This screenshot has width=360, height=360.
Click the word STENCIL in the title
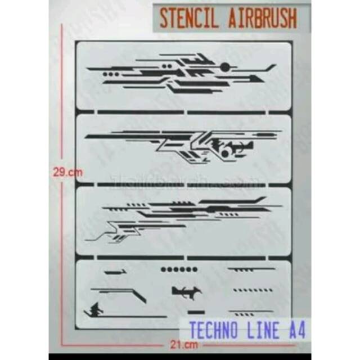[x=183, y=18]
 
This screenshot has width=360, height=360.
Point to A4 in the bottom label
[x=296, y=330]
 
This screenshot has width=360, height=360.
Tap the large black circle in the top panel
[x=225, y=67]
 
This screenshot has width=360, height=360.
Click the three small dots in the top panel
[x=111, y=74]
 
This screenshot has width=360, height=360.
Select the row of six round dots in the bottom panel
[x=179, y=269]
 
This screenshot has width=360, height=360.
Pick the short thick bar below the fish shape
[x=195, y=312]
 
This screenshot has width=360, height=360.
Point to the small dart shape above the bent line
[x=115, y=273]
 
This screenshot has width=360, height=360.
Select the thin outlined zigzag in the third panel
[x=112, y=232]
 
